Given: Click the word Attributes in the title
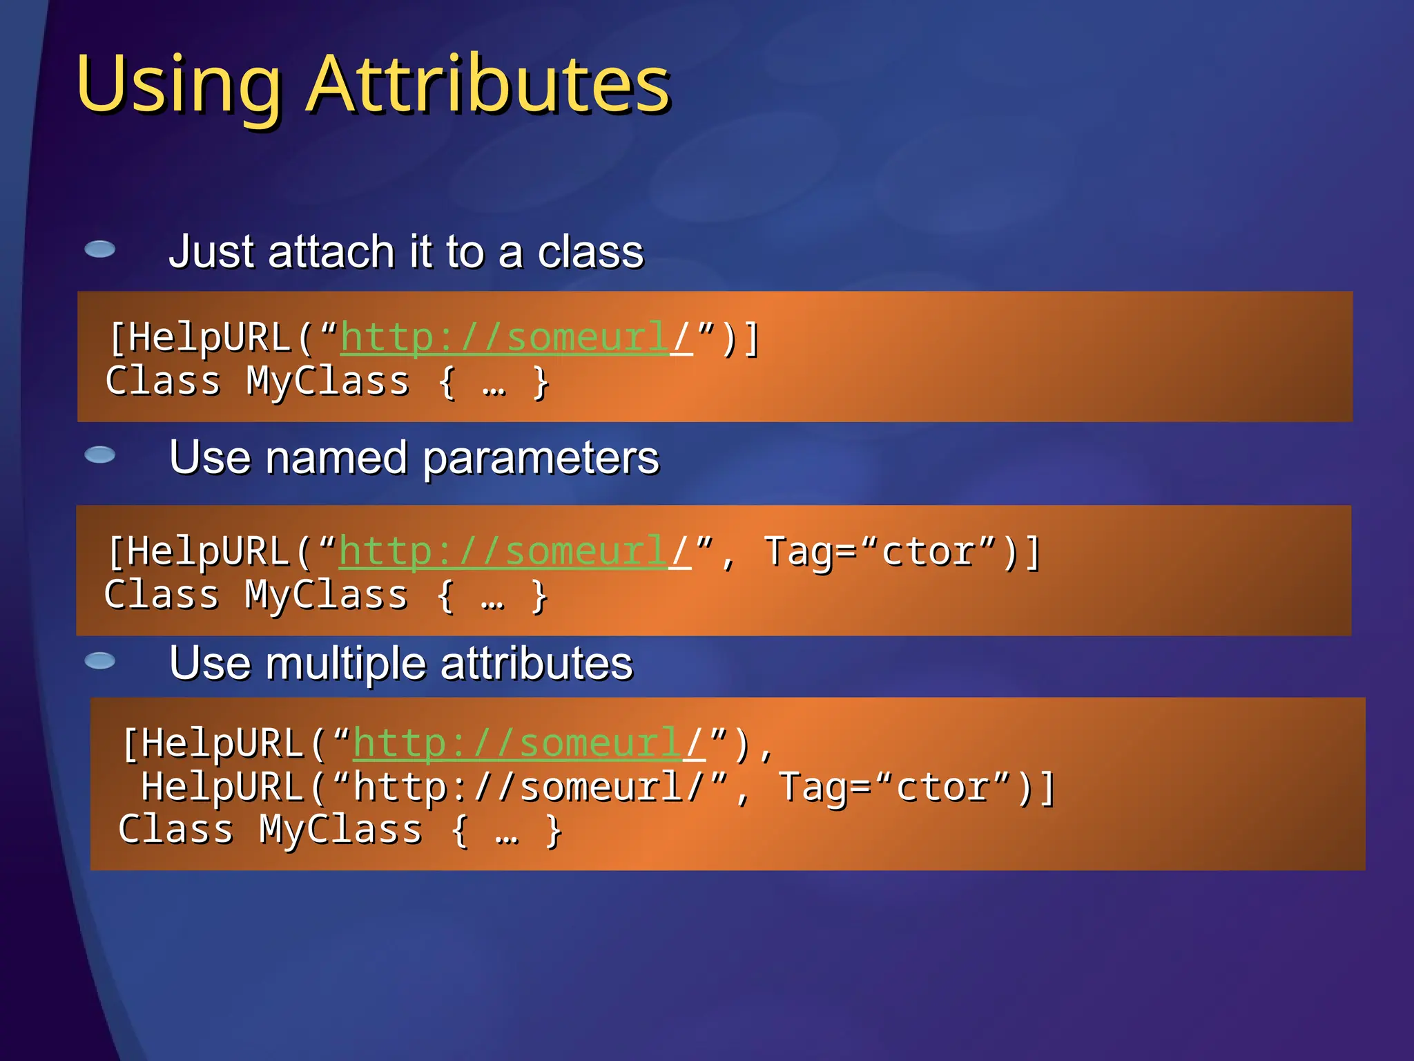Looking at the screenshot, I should tap(488, 84).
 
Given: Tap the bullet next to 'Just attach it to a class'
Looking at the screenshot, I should tap(100, 249).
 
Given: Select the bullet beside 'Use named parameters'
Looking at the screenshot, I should tap(100, 455).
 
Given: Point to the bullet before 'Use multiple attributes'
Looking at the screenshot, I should tap(100, 661).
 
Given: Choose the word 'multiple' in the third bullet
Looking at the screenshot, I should tap(346, 663).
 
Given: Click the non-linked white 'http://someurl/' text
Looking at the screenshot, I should tap(532, 787).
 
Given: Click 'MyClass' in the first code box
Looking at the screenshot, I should tap(327, 381).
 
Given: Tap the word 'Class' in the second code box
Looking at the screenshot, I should tap(162, 595).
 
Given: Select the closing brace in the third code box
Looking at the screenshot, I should tap(554, 830).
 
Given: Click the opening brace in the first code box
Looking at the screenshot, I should tap(447, 382).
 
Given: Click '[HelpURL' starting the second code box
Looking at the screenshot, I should tap(197, 552).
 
